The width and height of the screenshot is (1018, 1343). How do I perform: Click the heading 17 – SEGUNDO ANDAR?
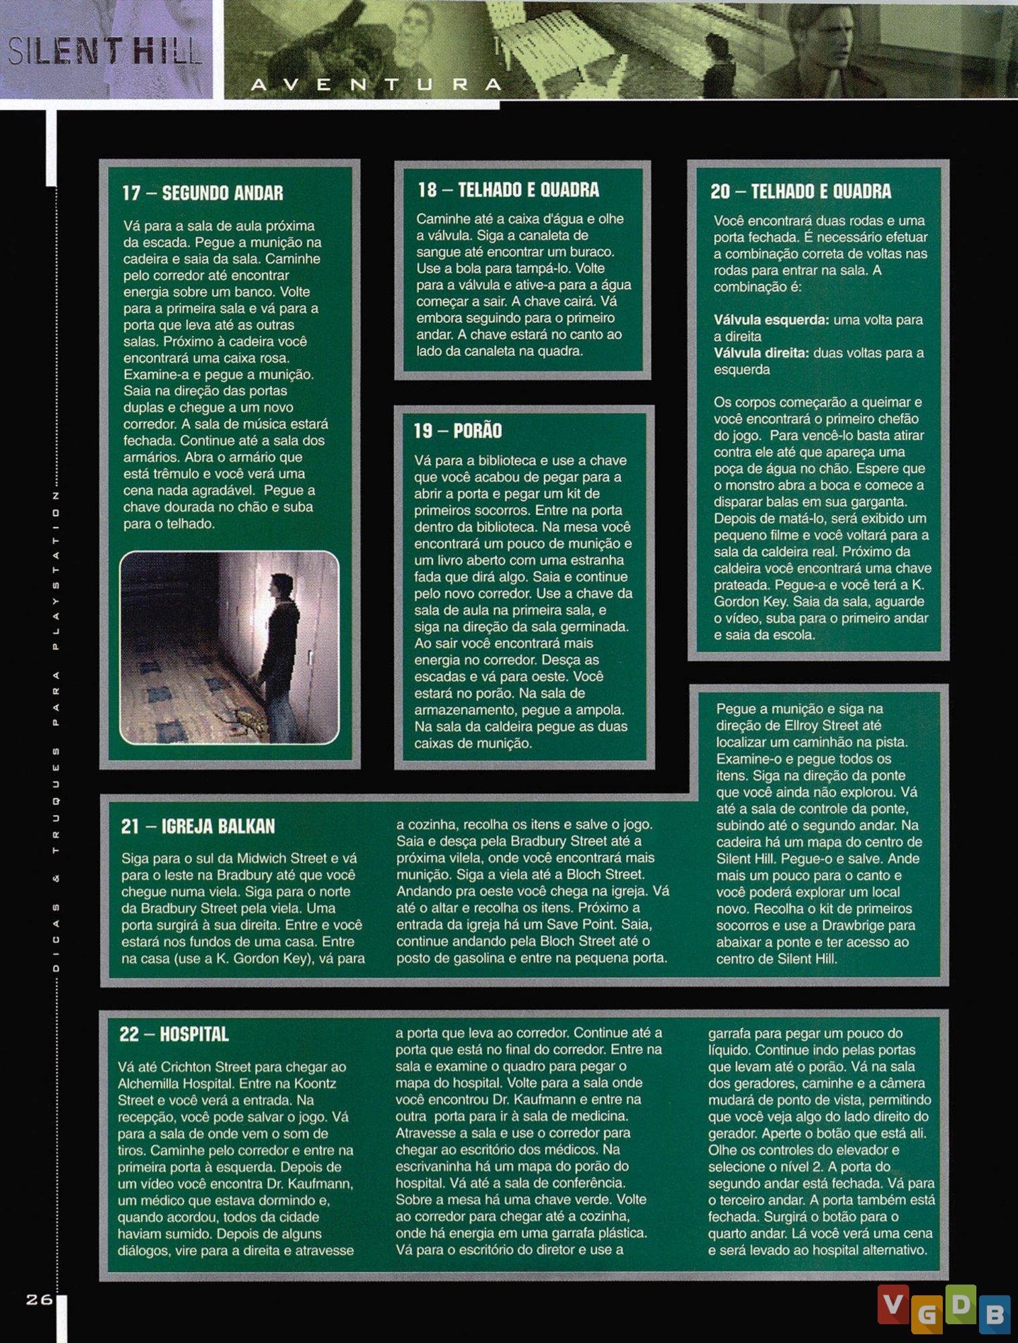202,193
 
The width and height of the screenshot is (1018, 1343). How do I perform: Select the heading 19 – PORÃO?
457,430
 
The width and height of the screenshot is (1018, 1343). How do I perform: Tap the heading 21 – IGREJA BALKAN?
198,826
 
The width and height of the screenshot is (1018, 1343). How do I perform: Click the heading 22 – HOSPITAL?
174,1033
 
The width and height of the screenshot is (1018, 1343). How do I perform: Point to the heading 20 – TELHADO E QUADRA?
800,191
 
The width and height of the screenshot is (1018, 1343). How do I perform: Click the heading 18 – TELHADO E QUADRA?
508,190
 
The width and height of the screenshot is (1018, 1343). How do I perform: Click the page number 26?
39,1299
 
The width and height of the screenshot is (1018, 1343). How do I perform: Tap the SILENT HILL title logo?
105,51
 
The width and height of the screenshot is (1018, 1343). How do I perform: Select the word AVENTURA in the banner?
376,85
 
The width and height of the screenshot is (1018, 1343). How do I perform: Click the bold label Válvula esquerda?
771,320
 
